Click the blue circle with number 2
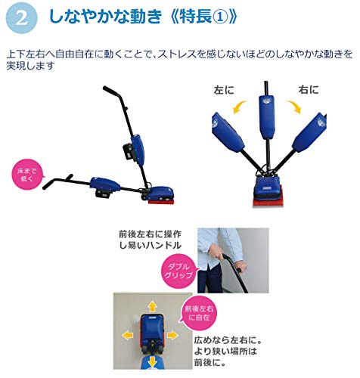coord(22,18)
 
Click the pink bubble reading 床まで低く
coord(26,175)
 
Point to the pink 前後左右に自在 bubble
coord(198,313)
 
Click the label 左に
coord(224,90)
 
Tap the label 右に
coord(309,90)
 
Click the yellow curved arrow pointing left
coord(239,107)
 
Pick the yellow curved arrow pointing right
coord(294,107)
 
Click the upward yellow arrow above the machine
coord(152,307)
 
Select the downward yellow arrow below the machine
coord(152,361)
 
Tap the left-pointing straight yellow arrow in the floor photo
coord(128,335)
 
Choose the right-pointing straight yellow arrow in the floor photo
coord(173,335)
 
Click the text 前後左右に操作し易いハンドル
coord(151,240)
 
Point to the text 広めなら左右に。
coord(228,341)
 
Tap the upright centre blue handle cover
coord(267,117)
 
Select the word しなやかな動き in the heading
coord(106,17)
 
